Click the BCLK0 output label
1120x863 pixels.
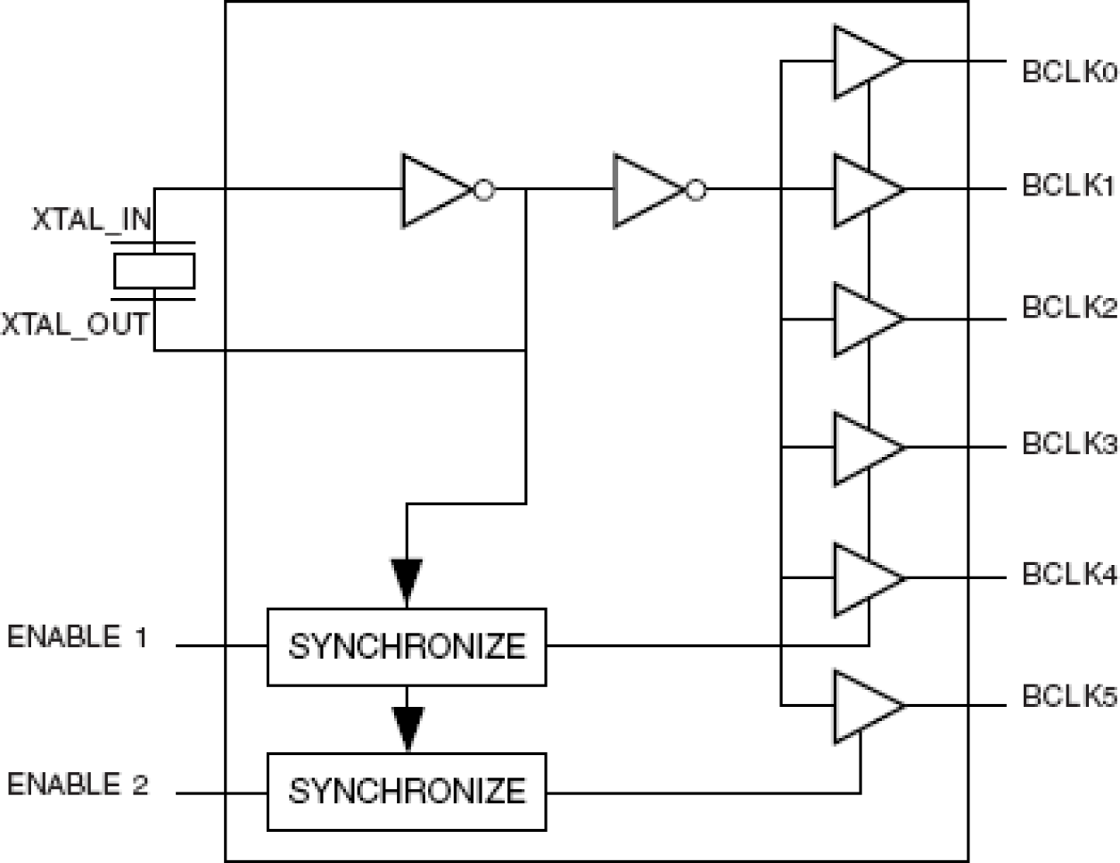[1068, 72]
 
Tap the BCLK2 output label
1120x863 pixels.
[1068, 308]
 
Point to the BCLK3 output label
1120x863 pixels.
[1068, 444]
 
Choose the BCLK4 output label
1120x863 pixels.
[1068, 575]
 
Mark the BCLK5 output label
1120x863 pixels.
[1068, 696]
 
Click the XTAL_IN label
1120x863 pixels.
[92, 220]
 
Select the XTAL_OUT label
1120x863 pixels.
[75, 323]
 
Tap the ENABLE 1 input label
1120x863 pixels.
[77, 637]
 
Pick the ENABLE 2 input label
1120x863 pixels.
[78, 784]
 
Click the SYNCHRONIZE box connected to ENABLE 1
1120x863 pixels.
[407, 647]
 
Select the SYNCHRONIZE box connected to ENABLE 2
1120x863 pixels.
[407, 792]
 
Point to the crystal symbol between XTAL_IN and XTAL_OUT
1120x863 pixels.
[154, 271]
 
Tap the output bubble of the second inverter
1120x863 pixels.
[696, 190]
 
